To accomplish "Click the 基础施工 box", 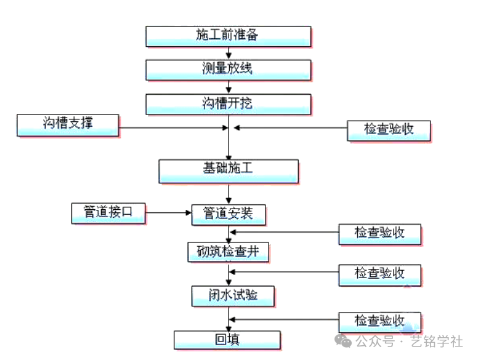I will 228,170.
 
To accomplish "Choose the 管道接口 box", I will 108,213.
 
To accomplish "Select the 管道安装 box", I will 229,214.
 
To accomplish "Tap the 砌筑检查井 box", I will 229,252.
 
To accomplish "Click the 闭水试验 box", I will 232,295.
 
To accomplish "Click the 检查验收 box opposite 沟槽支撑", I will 388,130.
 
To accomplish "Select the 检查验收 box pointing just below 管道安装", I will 379,234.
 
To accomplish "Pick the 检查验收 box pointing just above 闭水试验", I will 379,274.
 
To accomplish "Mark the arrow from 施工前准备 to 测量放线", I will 229,53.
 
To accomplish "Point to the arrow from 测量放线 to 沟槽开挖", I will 229,87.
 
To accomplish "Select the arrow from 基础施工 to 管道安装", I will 229,193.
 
